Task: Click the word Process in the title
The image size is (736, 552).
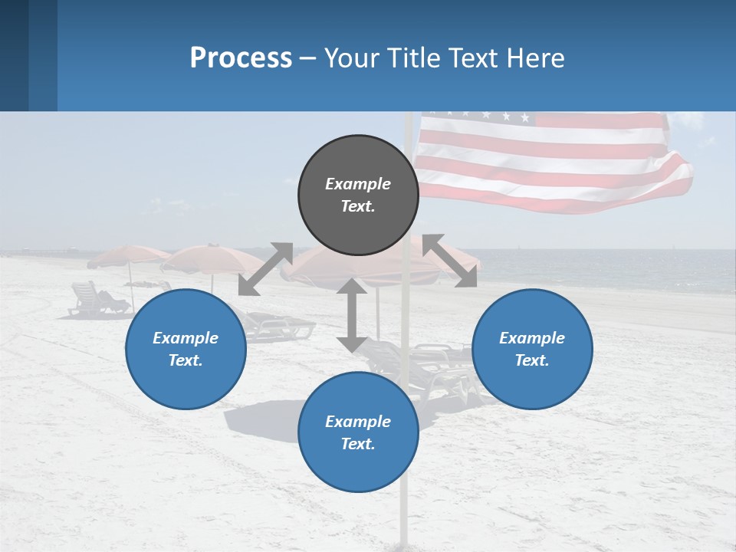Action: (x=241, y=58)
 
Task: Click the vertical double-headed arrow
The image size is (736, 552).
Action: (x=352, y=315)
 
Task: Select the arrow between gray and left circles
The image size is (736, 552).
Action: (x=265, y=268)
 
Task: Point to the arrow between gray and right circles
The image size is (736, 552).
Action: (x=449, y=261)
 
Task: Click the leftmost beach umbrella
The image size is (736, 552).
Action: (x=127, y=255)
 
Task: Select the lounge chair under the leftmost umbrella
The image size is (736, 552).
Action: (x=96, y=300)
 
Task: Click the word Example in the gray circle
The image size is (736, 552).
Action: (x=358, y=184)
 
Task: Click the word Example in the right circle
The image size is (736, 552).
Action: (x=532, y=338)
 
